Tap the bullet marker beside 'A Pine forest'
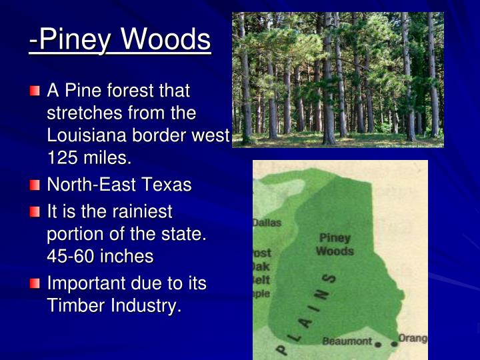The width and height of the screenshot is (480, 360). tap(35, 90)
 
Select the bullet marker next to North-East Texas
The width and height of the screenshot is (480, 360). tap(35, 185)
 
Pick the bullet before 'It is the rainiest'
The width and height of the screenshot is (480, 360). tap(35, 212)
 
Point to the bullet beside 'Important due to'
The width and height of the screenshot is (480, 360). tap(35, 284)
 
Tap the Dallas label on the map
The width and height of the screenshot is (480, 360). tap(267, 223)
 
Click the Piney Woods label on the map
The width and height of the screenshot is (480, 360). tap(335, 245)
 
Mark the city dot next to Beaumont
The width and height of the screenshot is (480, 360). tap(378, 344)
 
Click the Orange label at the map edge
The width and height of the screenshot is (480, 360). tap(413, 339)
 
